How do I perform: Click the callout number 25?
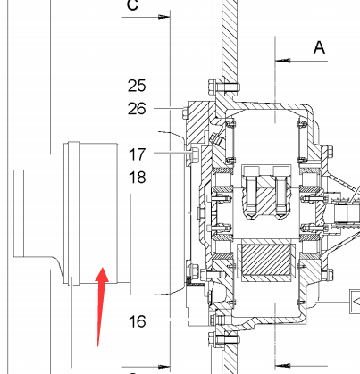137,86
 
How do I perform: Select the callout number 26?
137,109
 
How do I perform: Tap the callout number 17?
137,154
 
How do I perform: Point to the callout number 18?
137,178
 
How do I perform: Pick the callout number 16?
137,321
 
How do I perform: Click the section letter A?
319,47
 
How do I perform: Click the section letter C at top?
132,4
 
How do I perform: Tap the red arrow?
101,306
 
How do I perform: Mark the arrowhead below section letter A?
282,61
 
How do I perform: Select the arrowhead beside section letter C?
164,17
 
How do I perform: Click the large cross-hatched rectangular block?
266,261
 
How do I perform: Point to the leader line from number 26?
169,109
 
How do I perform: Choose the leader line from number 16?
172,320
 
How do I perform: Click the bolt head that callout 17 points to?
194,154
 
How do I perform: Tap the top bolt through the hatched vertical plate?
224,87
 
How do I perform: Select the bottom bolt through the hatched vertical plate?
224,340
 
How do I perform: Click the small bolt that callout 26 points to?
185,112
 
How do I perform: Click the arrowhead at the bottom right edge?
282,365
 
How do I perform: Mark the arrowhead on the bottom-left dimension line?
164,367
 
